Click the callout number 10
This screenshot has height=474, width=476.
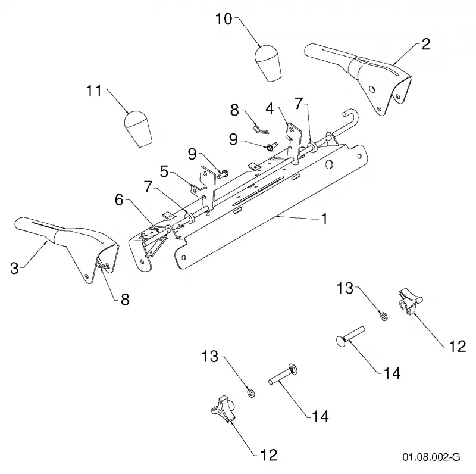pyautogui.click(x=224, y=19)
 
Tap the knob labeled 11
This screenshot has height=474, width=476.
pyautogui.click(x=138, y=129)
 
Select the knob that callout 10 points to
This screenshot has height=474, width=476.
pyautogui.click(x=268, y=63)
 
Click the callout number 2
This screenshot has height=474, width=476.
pyautogui.click(x=426, y=44)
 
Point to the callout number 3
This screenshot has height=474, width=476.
pyautogui.click(x=14, y=269)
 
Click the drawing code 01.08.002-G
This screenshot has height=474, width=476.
pyautogui.click(x=431, y=457)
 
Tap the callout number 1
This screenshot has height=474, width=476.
pyautogui.click(x=324, y=219)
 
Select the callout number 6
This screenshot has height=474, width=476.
pyautogui.click(x=119, y=200)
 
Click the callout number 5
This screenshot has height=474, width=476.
pyautogui.click(x=164, y=172)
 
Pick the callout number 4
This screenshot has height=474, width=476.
pyautogui.click(x=270, y=108)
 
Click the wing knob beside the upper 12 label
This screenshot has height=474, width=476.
pyautogui.click(x=410, y=301)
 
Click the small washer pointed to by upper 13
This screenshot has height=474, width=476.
pyautogui.click(x=384, y=316)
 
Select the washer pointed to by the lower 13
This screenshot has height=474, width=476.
pyautogui.click(x=251, y=393)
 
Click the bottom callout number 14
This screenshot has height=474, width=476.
pyautogui.click(x=320, y=417)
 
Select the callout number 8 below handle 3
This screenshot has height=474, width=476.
pyautogui.click(x=125, y=300)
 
